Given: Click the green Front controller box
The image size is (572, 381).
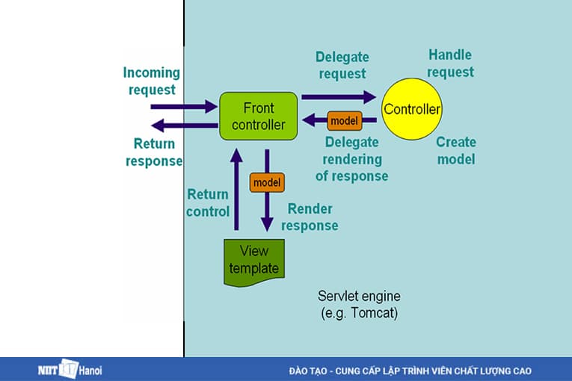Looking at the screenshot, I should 258,116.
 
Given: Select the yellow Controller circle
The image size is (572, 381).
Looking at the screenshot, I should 411,110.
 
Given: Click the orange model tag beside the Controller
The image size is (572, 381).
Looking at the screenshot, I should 344,120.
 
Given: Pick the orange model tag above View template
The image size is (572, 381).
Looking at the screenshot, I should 266,182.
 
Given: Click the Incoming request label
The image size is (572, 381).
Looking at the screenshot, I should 152,81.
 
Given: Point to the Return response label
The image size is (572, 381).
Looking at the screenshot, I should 153,152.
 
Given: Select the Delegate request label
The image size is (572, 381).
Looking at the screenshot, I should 342,65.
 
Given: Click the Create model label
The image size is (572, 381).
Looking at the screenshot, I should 455,150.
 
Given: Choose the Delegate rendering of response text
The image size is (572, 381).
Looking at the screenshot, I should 351,160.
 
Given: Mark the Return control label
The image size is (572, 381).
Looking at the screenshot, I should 208,202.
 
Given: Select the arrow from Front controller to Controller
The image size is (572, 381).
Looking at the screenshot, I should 338,96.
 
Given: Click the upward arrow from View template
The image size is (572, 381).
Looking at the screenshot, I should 236,190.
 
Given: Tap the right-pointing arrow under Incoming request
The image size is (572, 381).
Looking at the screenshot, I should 183,107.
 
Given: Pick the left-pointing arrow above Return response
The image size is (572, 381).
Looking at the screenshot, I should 183,126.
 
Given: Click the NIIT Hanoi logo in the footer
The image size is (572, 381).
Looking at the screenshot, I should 70,369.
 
